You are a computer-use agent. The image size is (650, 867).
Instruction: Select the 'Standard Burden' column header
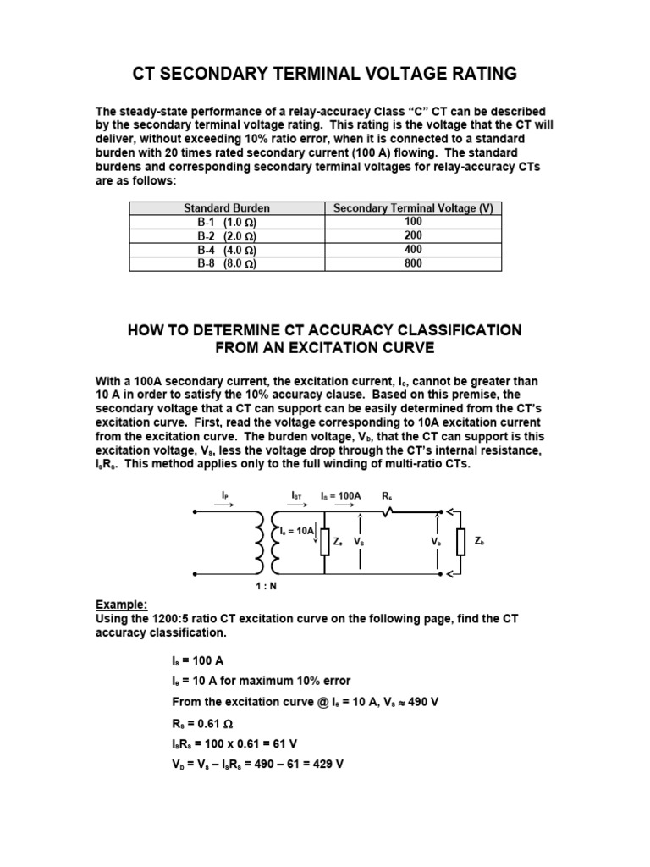coord(227,208)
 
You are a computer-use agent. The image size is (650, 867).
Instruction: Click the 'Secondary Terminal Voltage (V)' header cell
coord(414,208)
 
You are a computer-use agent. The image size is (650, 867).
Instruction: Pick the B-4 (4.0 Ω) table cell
coord(227,250)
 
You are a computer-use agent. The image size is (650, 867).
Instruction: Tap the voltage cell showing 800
coord(414,263)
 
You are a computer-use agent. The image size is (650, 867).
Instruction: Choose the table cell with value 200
coord(414,235)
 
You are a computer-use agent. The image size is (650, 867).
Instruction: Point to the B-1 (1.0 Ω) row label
coord(227,222)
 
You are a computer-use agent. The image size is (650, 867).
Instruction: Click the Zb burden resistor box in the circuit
coord(460,542)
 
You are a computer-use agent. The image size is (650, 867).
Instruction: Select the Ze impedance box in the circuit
coord(326,541)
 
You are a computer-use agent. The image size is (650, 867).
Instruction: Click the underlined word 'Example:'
coord(121,605)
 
